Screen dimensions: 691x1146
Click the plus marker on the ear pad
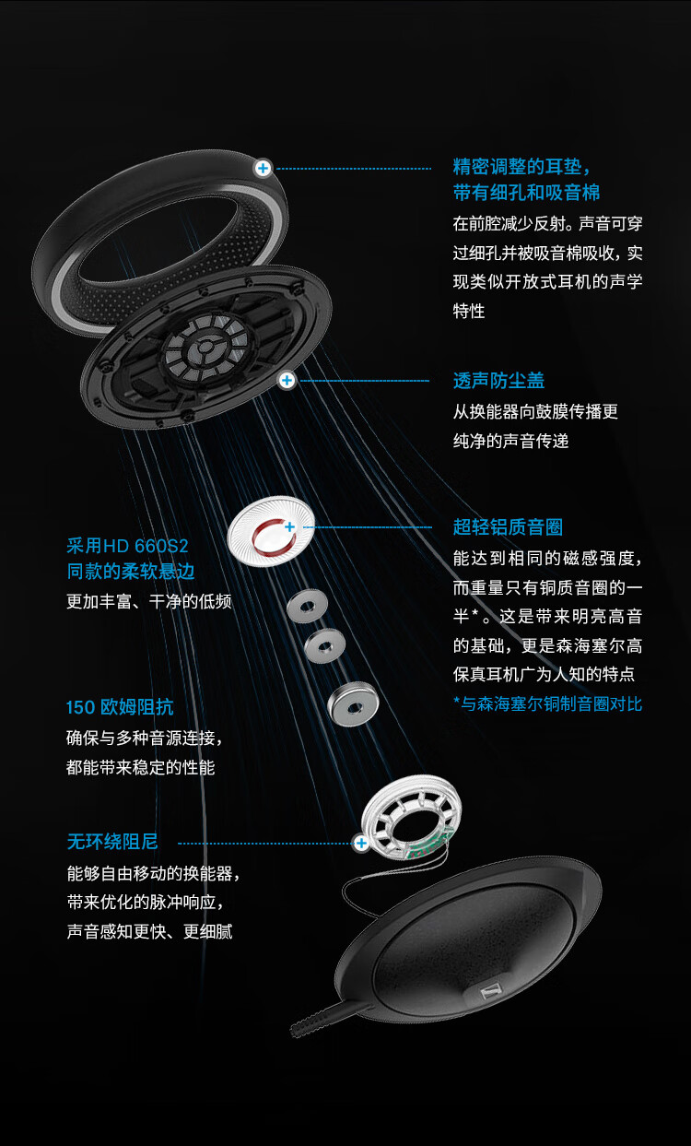[264, 168]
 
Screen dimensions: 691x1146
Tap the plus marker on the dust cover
[287, 380]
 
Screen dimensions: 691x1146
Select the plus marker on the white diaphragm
[289, 526]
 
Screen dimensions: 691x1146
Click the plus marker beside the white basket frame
[361, 843]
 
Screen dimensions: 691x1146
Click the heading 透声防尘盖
[498, 381]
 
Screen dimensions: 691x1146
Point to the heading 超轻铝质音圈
[508, 527]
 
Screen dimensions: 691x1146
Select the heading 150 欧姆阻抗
[120, 707]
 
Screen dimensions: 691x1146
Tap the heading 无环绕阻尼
[112, 842]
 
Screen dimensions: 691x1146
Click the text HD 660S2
[148, 544]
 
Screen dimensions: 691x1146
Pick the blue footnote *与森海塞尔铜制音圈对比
[547, 703]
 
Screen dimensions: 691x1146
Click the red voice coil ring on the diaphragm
[267, 535]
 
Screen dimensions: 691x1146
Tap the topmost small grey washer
[308, 606]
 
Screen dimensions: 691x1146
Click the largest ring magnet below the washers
[352, 704]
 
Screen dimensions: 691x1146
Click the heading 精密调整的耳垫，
[521, 167]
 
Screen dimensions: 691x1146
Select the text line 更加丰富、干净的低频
[149, 601]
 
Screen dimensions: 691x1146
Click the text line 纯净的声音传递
[510, 441]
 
